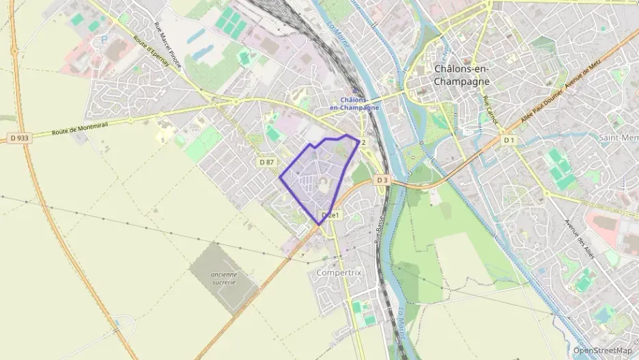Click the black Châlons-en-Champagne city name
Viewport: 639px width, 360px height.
coord(461,74)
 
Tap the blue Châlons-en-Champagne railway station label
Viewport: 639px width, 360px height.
coord(354,104)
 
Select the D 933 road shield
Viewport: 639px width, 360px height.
coord(20,138)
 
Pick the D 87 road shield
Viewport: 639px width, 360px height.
coord(266,162)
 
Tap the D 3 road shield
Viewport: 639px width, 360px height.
coord(382,180)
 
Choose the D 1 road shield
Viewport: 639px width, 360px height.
coord(508,140)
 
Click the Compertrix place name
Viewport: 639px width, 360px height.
coord(339,272)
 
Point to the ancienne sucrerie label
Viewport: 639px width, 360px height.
coord(224,278)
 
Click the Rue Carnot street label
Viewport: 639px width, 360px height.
coord(489,110)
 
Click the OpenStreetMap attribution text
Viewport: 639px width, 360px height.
coord(602,350)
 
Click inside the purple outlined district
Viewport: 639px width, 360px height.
coord(317,178)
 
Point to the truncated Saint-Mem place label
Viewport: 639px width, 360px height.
coord(618,138)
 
